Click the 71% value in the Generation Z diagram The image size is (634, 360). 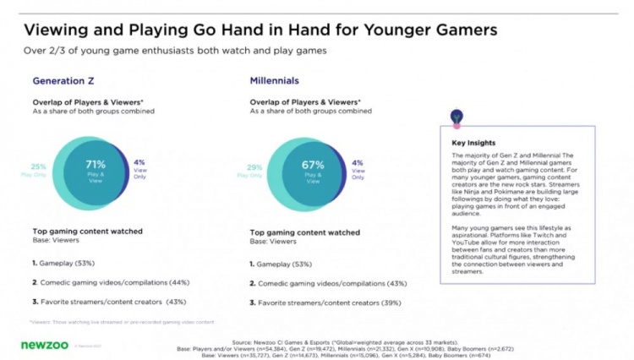pyautogui.click(x=95, y=164)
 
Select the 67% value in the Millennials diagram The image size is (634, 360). pyautogui.click(x=313, y=164)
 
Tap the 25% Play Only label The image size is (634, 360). pyautogui.click(x=39, y=166)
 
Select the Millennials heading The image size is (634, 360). pyautogui.click(x=276, y=81)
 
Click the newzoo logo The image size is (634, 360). pyautogui.click(x=40, y=345)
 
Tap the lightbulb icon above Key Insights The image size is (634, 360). pyautogui.click(x=457, y=115)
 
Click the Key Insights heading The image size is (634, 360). pyautogui.click(x=473, y=144)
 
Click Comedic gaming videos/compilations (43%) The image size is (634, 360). pyautogui.click(x=323, y=284)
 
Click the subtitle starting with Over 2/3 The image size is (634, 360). pyautogui.click(x=174, y=52)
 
